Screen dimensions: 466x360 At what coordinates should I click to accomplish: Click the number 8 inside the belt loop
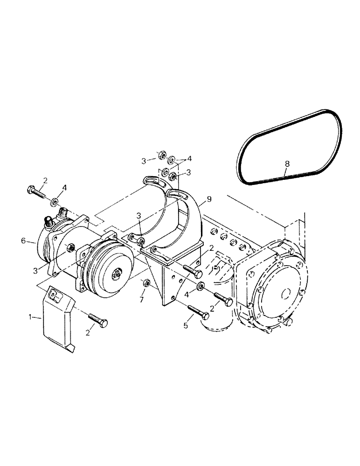pos(287,164)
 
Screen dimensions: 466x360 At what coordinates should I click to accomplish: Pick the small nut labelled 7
pos(145,282)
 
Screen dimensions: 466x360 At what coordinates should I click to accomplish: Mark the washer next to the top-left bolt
pos(55,202)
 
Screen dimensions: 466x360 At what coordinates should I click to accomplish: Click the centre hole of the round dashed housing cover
pos(285,295)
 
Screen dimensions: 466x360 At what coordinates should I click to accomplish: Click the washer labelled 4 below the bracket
pos(200,286)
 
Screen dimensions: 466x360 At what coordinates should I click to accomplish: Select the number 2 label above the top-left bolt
pos(45,180)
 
